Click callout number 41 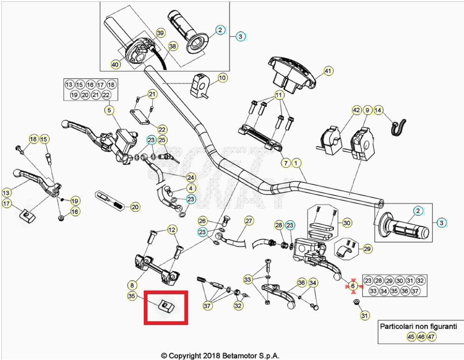tap(328, 71)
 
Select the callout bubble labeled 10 tap(222, 78)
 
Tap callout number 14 tap(378, 111)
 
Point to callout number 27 tap(248, 221)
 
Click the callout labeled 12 tap(172, 229)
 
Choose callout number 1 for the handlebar tap(295, 163)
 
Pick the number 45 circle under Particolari tap(411, 336)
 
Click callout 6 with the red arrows tap(353, 286)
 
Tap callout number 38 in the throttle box tap(173, 47)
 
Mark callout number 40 tap(115, 64)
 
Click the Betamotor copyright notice tap(220, 355)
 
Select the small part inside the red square tap(166, 305)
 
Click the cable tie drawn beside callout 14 tap(398, 126)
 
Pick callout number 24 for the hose tap(190, 177)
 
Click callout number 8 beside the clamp tap(132, 284)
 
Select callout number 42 tap(356, 111)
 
